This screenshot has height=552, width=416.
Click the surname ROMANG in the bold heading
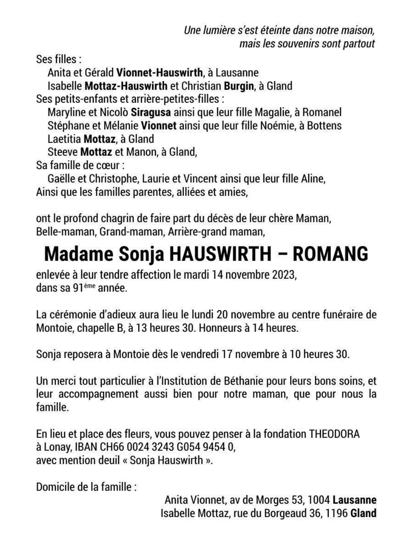point(330,254)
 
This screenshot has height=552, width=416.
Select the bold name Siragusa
point(151,112)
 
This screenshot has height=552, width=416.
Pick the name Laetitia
point(64,139)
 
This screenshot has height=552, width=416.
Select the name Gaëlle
point(61,178)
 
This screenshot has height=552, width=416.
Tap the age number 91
point(78,288)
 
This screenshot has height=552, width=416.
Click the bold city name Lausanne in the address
point(355,500)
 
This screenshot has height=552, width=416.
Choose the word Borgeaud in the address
point(285,513)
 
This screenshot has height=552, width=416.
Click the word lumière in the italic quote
point(219,30)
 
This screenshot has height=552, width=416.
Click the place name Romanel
point(322,112)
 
